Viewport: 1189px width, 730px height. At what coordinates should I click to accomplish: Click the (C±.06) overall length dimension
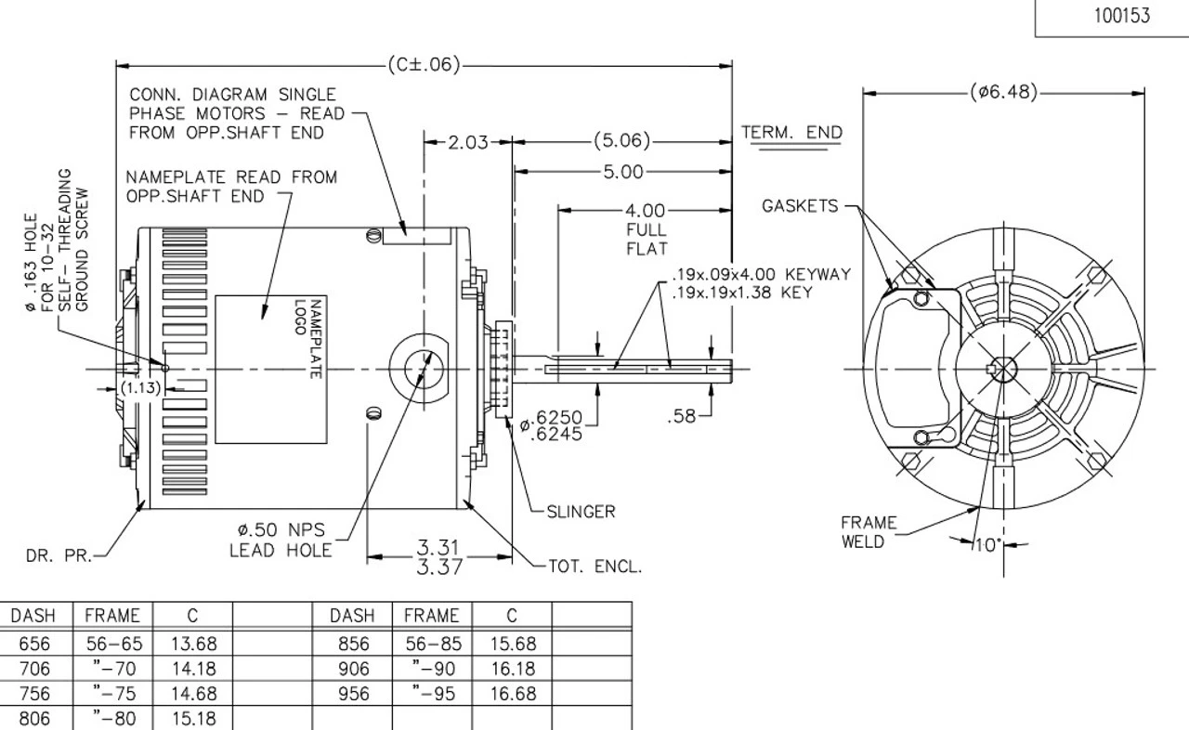[x=423, y=65]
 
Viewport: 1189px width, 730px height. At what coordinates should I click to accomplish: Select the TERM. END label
[x=791, y=133]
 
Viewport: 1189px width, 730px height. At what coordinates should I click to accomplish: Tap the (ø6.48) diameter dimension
[x=1003, y=92]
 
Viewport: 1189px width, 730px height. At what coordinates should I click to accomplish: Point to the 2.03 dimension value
[x=468, y=142]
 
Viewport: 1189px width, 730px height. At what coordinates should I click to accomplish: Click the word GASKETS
[x=800, y=206]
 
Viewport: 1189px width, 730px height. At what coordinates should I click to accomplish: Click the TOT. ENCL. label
[x=595, y=567]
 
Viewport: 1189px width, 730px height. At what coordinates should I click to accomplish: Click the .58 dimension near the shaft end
[x=684, y=417]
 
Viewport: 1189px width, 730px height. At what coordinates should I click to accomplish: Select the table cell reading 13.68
[x=192, y=644]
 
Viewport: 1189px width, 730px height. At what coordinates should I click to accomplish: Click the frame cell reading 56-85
[x=431, y=644]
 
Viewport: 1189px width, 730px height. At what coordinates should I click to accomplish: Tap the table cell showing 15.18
[x=192, y=719]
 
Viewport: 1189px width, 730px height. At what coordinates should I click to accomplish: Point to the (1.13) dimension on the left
[x=142, y=388]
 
